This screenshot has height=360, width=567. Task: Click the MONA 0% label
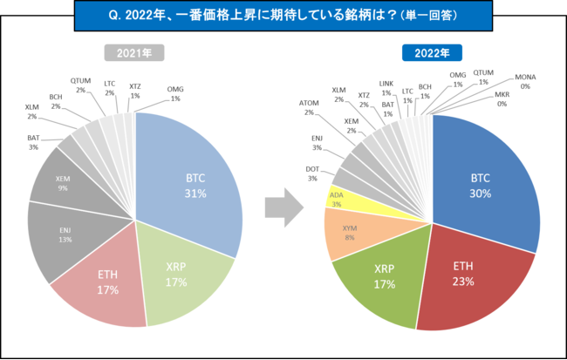tap(527, 81)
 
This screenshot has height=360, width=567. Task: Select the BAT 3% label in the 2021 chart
tap(32, 142)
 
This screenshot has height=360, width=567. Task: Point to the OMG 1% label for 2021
tap(175, 93)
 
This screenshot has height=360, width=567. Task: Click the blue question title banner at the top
tap(283, 16)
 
